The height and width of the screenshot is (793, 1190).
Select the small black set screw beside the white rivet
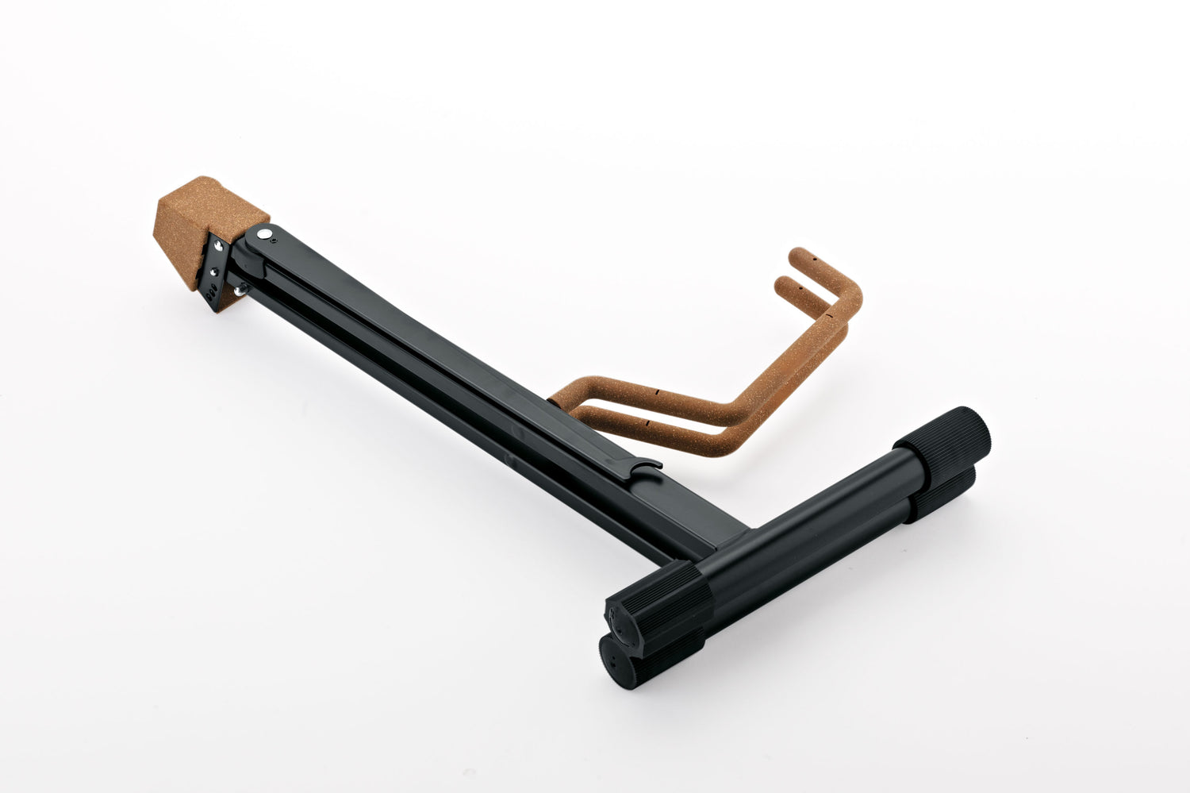coord(274,237)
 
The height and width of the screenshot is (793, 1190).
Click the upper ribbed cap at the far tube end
coord(945,445)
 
